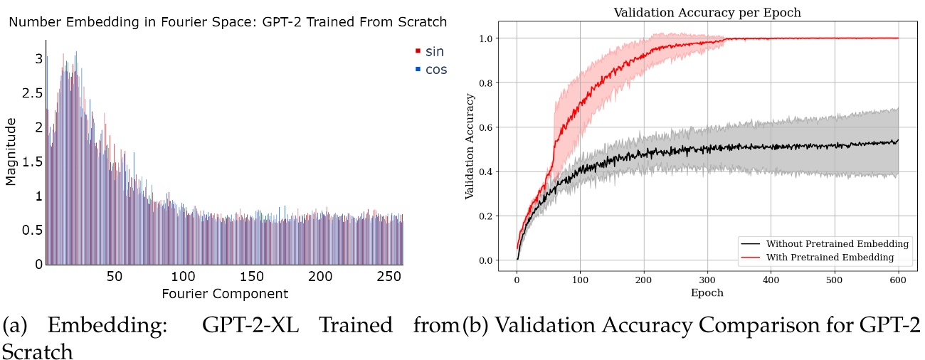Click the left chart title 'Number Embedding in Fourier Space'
point(228,22)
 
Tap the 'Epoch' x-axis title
point(707,292)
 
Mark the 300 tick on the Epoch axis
point(707,279)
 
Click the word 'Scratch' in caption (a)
point(37,351)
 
